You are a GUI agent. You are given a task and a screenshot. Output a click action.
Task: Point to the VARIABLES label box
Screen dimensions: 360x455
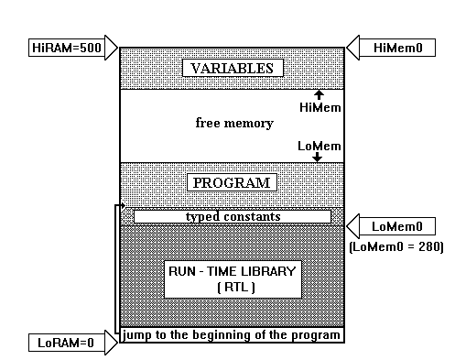point(232,68)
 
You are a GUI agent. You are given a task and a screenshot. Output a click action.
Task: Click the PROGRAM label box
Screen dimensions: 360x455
point(232,182)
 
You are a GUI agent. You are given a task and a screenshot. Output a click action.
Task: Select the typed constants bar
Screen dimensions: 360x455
point(233,216)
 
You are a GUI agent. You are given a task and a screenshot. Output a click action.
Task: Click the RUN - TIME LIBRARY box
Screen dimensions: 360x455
point(231,279)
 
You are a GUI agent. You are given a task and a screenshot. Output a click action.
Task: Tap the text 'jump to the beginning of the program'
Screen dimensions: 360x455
point(233,334)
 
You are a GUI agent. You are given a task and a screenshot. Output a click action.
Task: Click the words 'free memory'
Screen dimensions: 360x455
point(234,123)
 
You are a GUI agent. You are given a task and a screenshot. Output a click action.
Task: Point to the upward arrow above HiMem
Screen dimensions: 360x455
point(318,94)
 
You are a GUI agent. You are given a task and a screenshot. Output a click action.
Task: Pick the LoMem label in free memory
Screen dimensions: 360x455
point(317,145)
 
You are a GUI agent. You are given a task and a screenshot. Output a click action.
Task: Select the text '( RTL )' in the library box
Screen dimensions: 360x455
point(231,288)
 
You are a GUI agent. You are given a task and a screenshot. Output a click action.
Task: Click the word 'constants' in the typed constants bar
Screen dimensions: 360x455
point(251,216)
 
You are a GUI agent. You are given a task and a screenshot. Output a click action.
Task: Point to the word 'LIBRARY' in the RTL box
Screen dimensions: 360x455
point(266,272)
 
